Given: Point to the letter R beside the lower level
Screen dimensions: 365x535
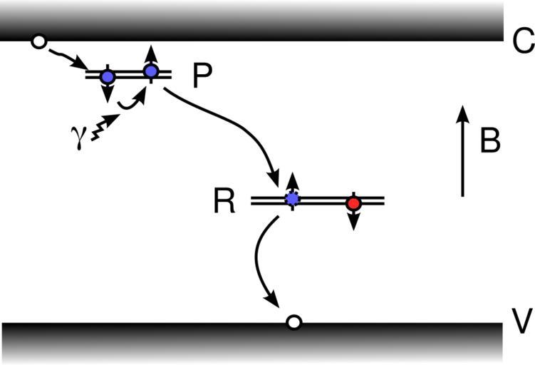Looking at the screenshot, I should point(224,202).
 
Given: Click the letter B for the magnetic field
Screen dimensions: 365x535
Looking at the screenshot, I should point(490,142).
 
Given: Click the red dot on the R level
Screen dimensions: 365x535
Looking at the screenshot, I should point(353,203).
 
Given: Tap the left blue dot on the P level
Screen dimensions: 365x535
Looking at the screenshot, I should point(108,76).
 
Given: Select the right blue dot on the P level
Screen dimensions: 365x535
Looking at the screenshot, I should point(150,71).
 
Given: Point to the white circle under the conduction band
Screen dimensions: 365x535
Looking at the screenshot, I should point(39,43).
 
